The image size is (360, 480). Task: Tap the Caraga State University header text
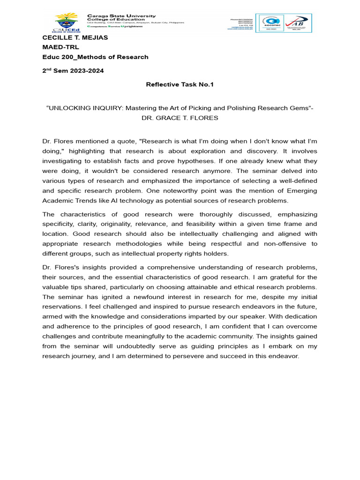(x=122, y=16)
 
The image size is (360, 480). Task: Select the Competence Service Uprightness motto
(x=115, y=26)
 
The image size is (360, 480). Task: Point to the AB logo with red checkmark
(x=298, y=23)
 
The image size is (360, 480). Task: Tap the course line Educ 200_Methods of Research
(x=95, y=57)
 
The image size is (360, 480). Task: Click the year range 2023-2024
(x=88, y=71)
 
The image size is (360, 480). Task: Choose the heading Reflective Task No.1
(x=180, y=85)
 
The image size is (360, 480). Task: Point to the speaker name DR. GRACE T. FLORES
(x=180, y=118)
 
